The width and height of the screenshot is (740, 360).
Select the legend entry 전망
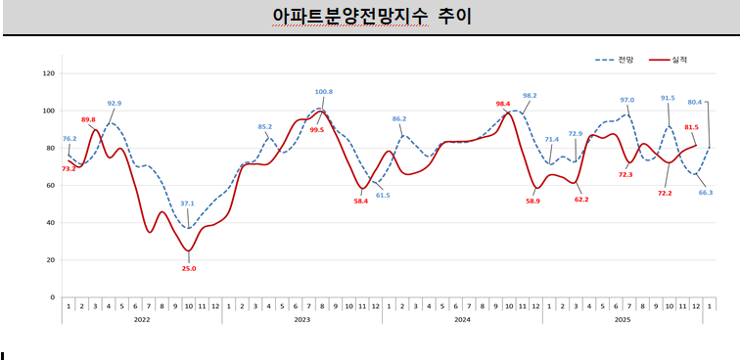tap(625, 61)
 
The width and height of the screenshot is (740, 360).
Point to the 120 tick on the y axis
tap(50, 72)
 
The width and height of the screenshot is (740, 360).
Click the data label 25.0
tap(188, 268)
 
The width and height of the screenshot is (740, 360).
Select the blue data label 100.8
tap(324, 92)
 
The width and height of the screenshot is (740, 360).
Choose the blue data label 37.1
tap(188, 204)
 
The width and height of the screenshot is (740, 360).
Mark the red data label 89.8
tap(88, 119)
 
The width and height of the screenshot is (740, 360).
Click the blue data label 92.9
tap(115, 103)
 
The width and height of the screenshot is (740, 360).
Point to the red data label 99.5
tap(316, 129)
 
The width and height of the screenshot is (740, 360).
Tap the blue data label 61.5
tap(383, 195)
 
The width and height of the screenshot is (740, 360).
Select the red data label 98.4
tap(503, 104)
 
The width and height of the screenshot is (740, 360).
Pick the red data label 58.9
tap(532, 201)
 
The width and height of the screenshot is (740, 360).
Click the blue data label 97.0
tap(627, 100)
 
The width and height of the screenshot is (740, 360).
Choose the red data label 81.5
tap(691, 127)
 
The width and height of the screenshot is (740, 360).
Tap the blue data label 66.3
tap(705, 193)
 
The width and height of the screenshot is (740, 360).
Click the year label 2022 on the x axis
tap(142, 319)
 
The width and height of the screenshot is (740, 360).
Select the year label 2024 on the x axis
tap(462, 319)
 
